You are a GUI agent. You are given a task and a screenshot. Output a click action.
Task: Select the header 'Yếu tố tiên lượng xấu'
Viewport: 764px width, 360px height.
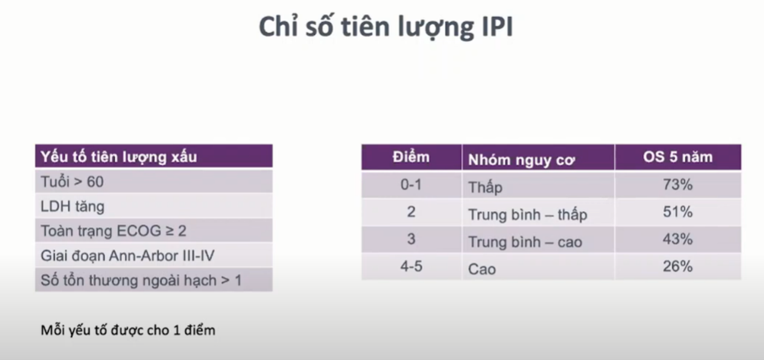tap(119, 157)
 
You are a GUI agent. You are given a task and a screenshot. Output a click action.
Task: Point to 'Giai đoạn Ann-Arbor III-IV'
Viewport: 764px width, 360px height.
tap(127, 256)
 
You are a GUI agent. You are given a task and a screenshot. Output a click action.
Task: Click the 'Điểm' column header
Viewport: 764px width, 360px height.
tap(411, 157)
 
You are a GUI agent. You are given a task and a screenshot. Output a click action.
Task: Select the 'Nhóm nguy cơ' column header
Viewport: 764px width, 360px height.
tap(521, 160)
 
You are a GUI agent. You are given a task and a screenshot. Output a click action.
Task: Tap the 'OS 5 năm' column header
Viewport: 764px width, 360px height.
tap(677, 157)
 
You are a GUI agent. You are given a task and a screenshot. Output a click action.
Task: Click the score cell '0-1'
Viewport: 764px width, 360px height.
tap(411, 185)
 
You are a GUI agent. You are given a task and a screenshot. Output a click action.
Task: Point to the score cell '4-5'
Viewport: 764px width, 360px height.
tap(411, 266)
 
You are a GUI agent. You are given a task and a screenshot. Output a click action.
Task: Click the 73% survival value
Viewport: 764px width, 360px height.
tap(677, 185)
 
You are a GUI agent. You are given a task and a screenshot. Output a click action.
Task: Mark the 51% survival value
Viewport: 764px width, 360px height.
tap(677, 212)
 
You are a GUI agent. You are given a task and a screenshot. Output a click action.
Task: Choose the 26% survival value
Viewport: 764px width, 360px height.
tap(677, 266)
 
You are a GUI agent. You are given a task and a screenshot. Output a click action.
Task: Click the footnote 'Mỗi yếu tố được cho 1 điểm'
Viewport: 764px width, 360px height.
tap(128, 330)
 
